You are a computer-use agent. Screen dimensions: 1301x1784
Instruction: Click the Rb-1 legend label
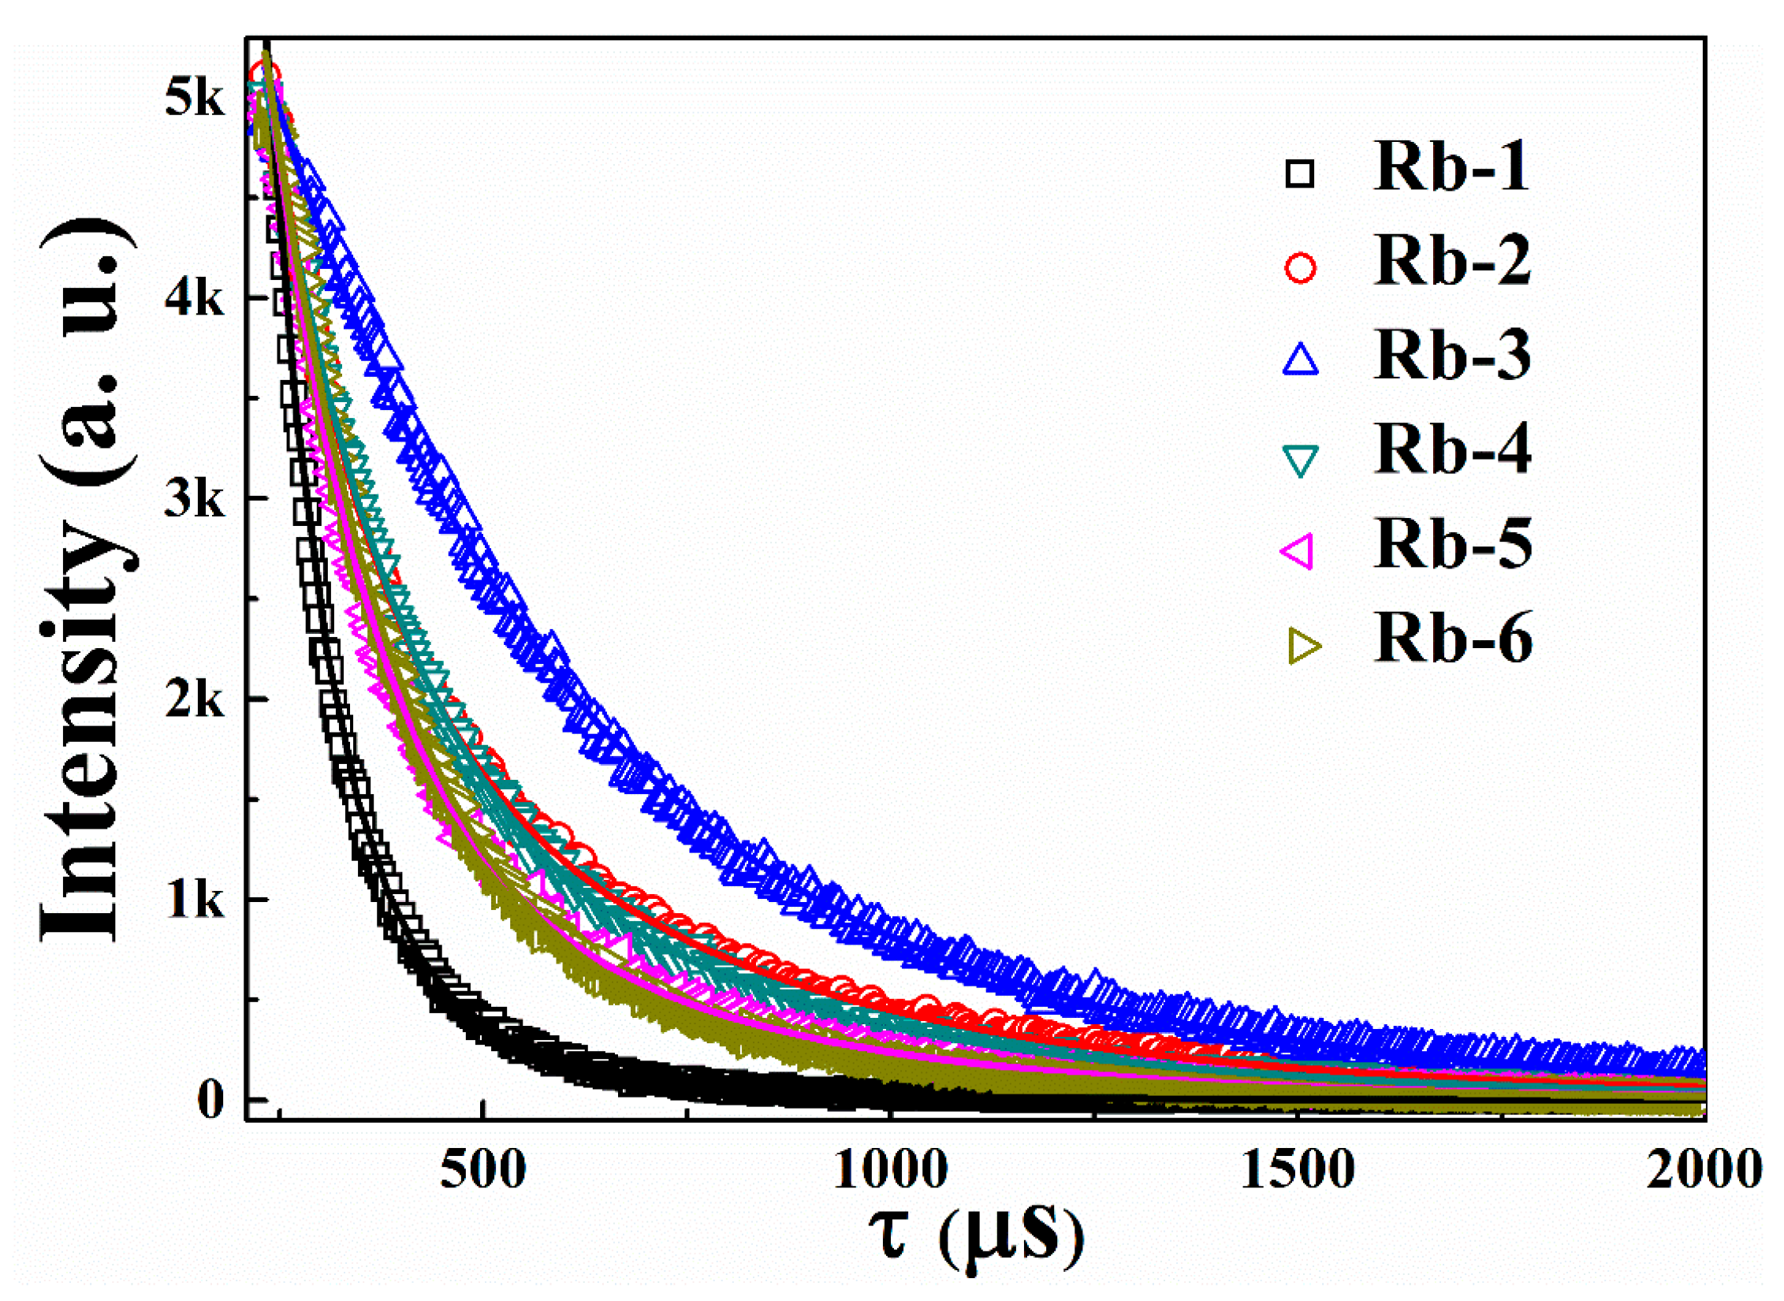(x=1451, y=167)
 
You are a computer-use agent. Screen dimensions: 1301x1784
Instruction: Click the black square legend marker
(x=1300, y=173)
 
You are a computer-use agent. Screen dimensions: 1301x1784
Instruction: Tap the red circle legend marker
(x=1300, y=267)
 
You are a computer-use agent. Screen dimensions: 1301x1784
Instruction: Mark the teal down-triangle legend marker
(x=1300, y=460)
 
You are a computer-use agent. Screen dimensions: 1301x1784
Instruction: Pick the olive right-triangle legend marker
(x=1303, y=646)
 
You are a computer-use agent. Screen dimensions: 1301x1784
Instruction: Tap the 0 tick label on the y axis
(x=210, y=1099)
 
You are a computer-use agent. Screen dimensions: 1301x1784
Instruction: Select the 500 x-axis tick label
(x=482, y=1169)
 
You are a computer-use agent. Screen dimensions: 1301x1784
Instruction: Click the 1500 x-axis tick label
(x=1297, y=1169)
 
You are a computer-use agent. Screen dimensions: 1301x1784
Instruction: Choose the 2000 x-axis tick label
(x=1703, y=1169)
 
